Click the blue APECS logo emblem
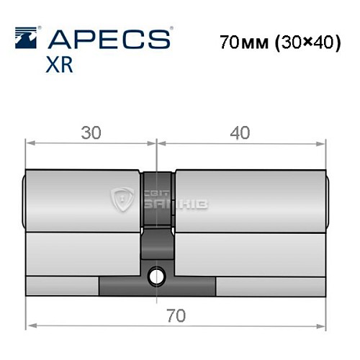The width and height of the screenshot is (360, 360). (x=27, y=37)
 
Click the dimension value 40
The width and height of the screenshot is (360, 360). (x=240, y=132)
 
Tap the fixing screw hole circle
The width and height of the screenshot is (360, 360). (x=156, y=275)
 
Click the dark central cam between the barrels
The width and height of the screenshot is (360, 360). (x=157, y=216)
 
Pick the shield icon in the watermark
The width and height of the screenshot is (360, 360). (x=123, y=199)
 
